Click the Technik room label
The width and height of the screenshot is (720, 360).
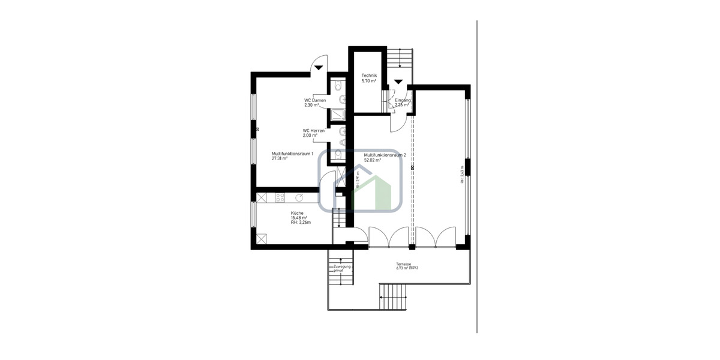[368, 75]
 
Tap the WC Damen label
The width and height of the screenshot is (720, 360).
[315, 100]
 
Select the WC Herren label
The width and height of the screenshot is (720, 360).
[313, 130]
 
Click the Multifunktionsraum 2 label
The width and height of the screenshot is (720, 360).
[385, 155]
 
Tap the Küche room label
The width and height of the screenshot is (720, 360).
[297, 213]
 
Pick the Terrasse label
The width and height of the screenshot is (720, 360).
[403, 264]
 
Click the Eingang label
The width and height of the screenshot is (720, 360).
[403, 100]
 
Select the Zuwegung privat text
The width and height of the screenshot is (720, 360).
[342, 268]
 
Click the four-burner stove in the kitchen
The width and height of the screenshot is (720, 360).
[280, 197]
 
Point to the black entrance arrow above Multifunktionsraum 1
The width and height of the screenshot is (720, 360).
[319, 67]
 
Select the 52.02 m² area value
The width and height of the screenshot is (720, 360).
[373, 160]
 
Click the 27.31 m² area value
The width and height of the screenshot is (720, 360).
[280, 159]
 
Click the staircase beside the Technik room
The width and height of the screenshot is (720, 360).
[398, 58]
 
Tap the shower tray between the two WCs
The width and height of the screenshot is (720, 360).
[338, 115]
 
